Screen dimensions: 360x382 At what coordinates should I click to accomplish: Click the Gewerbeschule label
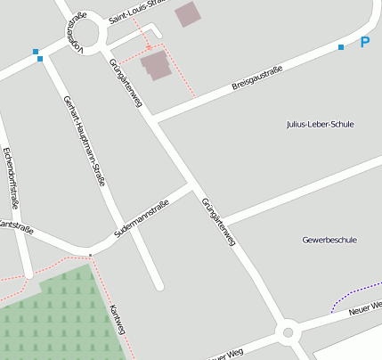pyautogui.click(x=329, y=240)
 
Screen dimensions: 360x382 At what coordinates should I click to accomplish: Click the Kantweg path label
pyautogui.click(x=117, y=321)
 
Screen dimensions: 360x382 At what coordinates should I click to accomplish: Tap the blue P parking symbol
pyautogui.click(x=365, y=42)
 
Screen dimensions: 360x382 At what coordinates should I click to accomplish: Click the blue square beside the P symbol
pyautogui.click(x=341, y=47)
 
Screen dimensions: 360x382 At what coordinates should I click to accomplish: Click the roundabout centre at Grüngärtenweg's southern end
pyautogui.click(x=288, y=333)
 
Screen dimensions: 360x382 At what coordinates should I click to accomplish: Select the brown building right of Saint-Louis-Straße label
pyautogui.click(x=188, y=13)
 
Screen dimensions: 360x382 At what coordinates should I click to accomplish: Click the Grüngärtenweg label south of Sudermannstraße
pyautogui.click(x=218, y=222)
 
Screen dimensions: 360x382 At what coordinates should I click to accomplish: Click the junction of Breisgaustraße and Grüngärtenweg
pyautogui.click(x=151, y=118)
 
